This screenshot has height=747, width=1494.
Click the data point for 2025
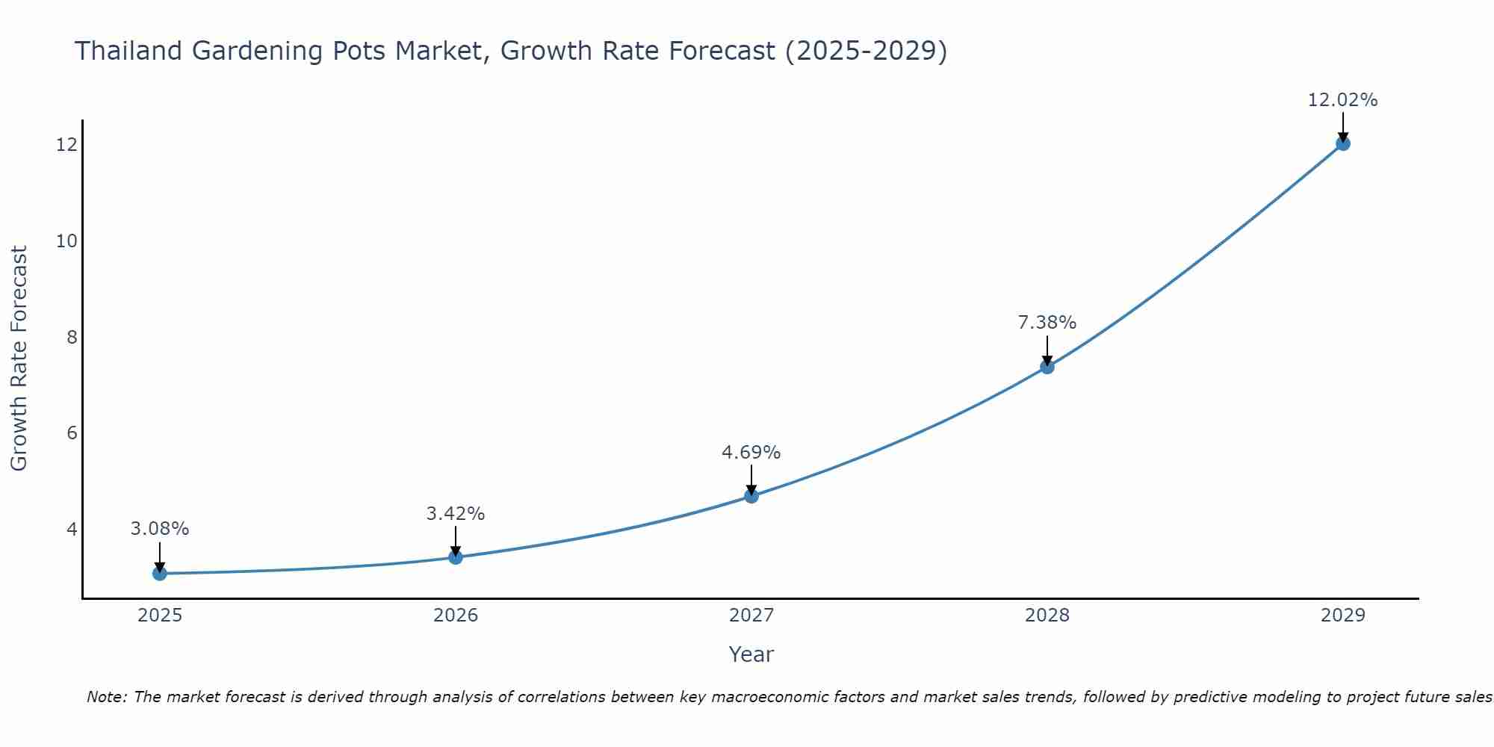(x=159, y=573)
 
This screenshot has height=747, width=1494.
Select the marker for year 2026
(x=456, y=557)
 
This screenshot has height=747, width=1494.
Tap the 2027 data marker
(x=751, y=496)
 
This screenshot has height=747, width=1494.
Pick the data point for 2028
(x=1047, y=367)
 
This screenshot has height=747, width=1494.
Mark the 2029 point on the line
(x=1342, y=143)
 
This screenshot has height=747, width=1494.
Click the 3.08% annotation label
(x=160, y=529)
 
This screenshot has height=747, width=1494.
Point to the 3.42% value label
(x=456, y=514)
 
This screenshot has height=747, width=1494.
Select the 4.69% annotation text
(x=751, y=453)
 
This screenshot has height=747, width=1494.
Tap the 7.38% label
(x=1047, y=323)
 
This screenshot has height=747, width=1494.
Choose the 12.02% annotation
(x=1342, y=100)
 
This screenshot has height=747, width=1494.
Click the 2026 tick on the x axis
(x=456, y=616)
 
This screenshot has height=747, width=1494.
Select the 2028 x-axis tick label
(x=1047, y=616)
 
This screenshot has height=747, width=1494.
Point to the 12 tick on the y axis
(x=66, y=144)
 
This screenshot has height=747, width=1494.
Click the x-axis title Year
(x=751, y=654)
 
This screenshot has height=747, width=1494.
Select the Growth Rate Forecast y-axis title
(x=19, y=359)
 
